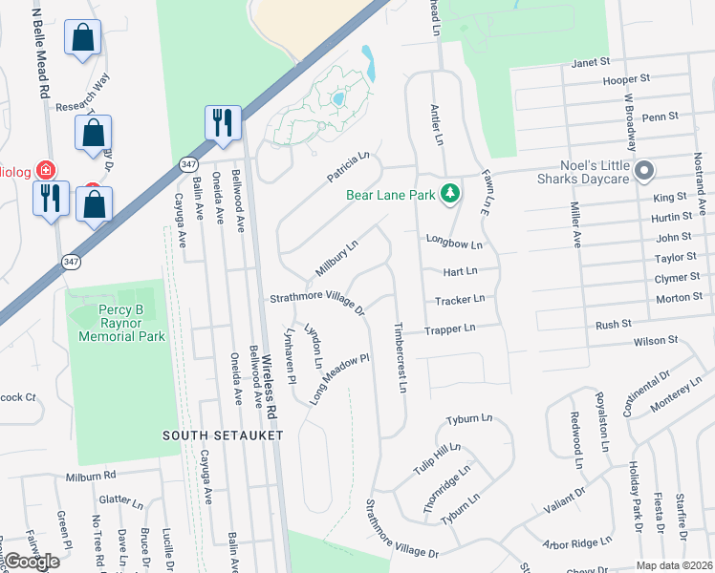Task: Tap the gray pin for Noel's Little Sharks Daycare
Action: [x=644, y=172]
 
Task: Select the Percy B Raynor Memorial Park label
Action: [x=118, y=324]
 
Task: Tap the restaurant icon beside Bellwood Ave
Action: [x=223, y=122]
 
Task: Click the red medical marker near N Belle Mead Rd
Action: [x=44, y=170]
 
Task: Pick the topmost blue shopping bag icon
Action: [x=83, y=38]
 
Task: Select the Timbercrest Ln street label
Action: [x=401, y=358]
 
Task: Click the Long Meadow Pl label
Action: [x=339, y=379]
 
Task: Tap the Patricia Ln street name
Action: [x=349, y=165]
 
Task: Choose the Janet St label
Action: [x=590, y=62]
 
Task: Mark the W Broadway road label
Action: [x=630, y=122]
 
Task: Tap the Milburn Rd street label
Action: [x=91, y=475]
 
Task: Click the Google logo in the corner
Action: [x=32, y=562]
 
